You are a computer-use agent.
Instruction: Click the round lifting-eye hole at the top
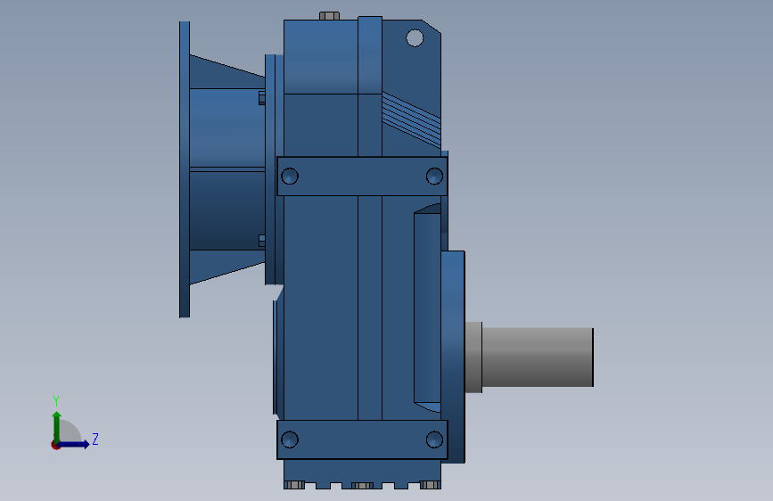click(415, 37)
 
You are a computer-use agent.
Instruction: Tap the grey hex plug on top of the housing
click(329, 16)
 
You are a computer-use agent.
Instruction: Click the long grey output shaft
click(538, 357)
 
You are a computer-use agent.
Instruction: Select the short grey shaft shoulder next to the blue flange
click(473, 357)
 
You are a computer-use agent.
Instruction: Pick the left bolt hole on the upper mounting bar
click(289, 177)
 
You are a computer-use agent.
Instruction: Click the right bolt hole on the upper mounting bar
click(434, 177)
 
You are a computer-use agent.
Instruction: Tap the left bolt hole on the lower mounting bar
click(289, 439)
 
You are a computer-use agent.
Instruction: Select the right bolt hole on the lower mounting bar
click(434, 439)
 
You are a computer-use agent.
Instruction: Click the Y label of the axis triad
click(55, 401)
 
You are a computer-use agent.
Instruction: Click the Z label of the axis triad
click(95, 439)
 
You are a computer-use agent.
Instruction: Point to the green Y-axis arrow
click(56, 423)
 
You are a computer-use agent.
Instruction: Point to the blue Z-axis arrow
click(77, 444)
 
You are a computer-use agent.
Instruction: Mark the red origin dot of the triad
click(56, 444)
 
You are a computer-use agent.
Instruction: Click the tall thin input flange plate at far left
click(185, 169)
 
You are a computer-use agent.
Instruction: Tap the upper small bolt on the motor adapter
click(261, 97)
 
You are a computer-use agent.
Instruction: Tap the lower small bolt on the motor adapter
click(261, 240)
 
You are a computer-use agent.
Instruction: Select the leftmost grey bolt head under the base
click(294, 485)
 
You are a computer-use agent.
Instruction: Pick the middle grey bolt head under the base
click(362, 485)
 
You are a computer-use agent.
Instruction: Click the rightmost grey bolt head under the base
click(430, 485)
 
